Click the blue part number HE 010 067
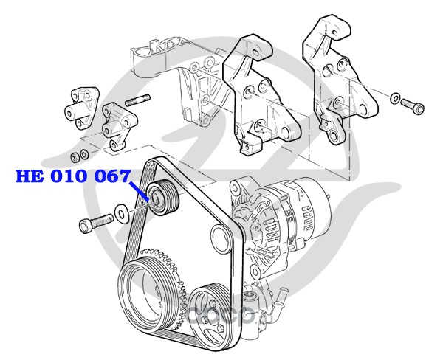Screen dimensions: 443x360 tap(73, 176)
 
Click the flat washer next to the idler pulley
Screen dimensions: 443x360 tap(122, 213)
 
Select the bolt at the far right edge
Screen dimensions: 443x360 tap(413, 106)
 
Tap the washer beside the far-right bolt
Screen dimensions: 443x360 tap(395, 98)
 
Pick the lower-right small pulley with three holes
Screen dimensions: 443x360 tap(209, 313)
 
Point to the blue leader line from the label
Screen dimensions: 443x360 tap(138, 192)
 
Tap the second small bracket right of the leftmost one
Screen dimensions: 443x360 tap(119, 126)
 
